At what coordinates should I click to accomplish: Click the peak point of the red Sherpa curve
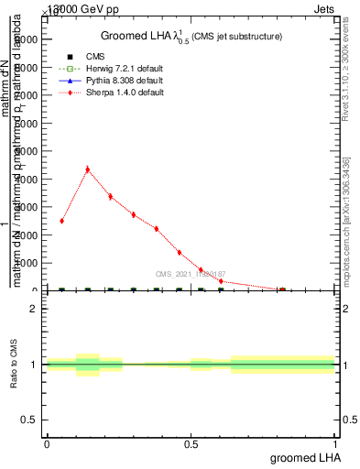[x=87, y=169]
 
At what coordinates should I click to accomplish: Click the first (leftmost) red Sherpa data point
[x=61, y=221]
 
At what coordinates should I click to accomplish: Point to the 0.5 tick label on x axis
[x=191, y=443]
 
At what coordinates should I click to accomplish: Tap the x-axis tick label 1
[x=335, y=443]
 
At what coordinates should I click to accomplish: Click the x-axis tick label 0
[x=47, y=443]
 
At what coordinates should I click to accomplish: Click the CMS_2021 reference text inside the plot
[x=190, y=273]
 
